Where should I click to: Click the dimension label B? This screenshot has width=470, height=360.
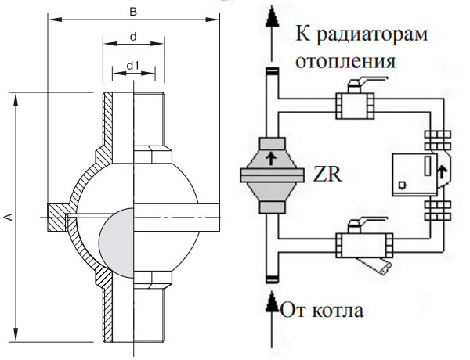[133, 12]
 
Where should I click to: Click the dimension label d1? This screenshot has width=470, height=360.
[133, 65]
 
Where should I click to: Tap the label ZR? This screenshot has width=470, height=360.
[327, 174]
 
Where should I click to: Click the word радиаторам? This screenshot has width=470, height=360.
[372, 34]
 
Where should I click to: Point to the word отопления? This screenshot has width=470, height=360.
[345, 61]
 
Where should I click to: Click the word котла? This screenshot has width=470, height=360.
[338, 310]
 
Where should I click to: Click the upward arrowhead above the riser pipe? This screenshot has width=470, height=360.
[272, 17]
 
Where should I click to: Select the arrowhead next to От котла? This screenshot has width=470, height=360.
[272, 303]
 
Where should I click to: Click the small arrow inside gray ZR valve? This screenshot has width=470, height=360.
[271, 158]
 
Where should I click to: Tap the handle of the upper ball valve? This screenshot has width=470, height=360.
[367, 81]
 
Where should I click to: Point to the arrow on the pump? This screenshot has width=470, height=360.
[442, 173]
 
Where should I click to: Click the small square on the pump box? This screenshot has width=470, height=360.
[402, 185]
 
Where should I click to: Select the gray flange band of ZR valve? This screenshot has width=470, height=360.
[272, 175]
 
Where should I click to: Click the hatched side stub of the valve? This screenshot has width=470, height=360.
[57, 218]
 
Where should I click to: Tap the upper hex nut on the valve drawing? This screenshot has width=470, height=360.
[153, 154]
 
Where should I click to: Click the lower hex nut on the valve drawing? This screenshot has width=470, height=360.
[153, 279]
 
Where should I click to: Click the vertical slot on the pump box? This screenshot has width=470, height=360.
[428, 165]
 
